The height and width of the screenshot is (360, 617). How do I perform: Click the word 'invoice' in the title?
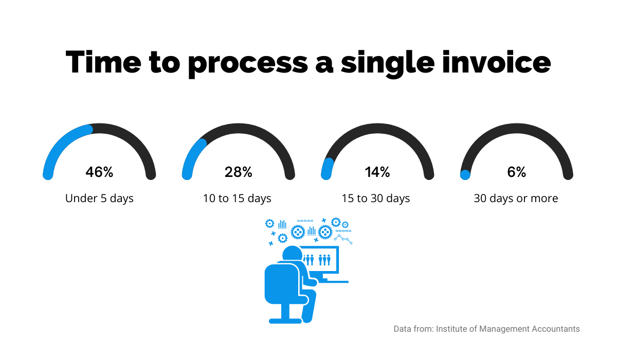point(496,62)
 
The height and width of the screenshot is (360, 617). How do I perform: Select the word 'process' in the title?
point(248,65)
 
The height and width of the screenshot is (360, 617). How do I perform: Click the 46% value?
point(99,172)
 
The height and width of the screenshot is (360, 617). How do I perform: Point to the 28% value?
point(238,172)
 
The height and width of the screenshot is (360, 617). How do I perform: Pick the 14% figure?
point(377,172)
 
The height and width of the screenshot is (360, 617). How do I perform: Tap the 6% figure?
point(516,172)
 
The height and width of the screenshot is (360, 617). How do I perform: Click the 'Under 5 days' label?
point(99,199)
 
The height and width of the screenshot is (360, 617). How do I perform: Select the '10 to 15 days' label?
point(237,199)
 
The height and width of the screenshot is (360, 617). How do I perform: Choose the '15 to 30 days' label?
point(376,199)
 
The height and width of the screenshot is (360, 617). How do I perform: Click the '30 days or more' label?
point(516,199)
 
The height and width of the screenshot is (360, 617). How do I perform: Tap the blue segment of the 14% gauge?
point(326,169)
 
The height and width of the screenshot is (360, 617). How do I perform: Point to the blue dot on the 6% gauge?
point(465,175)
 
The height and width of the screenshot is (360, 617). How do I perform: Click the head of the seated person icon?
point(292,254)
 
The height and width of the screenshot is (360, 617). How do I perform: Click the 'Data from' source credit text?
point(486,329)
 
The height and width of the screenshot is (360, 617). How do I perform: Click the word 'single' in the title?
point(388,64)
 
